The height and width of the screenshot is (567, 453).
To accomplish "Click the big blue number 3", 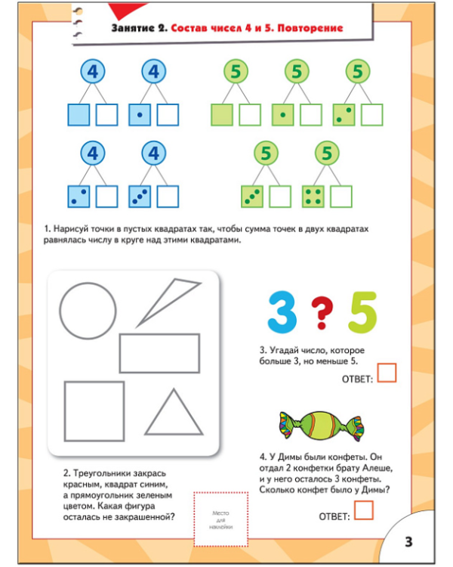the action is (x=282, y=311).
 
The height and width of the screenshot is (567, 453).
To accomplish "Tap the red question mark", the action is (x=322, y=312).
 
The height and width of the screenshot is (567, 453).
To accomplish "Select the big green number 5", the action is (x=362, y=312).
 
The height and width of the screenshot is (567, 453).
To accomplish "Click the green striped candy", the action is (x=321, y=426).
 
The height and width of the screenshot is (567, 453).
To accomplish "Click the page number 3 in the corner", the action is (x=408, y=542).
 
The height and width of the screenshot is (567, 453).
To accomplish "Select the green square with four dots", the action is (x=313, y=197).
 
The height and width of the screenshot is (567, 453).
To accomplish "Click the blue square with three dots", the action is (x=140, y=197).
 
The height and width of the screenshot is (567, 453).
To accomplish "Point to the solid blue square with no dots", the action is (x=79, y=115).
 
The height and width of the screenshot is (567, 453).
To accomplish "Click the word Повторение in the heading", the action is (x=310, y=28).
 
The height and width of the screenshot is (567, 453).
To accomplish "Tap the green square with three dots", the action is (x=252, y=197).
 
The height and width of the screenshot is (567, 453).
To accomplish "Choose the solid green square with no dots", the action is (x=222, y=115).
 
